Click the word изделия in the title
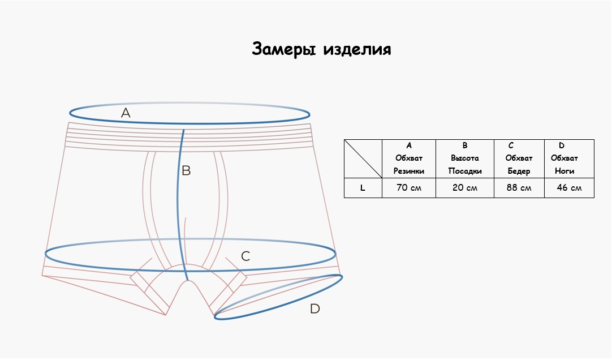[357, 50]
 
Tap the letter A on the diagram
[126, 113]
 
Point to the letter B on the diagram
[186, 170]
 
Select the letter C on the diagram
[245, 256]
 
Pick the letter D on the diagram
[315, 309]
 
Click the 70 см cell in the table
[408, 188]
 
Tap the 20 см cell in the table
[465, 188]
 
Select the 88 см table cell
[519, 188]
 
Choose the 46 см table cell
[569, 188]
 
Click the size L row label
[363, 188]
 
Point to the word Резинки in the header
[408, 171]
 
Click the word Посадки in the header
[465, 171]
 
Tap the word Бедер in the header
[519, 171]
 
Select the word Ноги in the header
[564, 171]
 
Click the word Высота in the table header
[465, 158]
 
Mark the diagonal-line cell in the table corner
[363, 158]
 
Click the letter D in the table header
[562, 145]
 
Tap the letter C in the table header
[511, 145]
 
